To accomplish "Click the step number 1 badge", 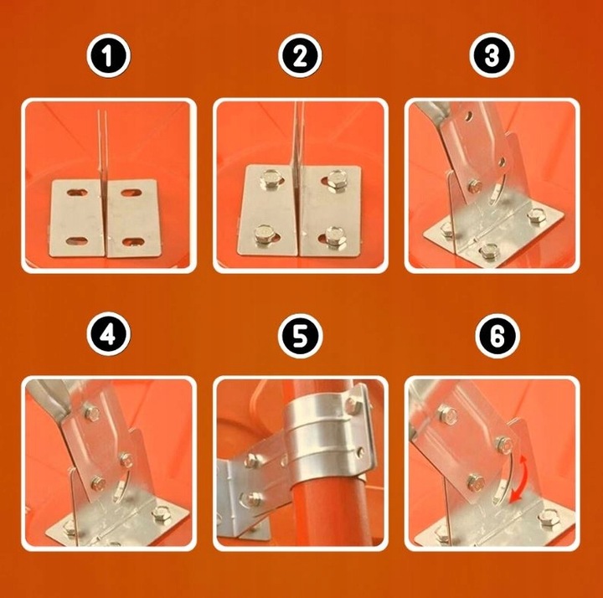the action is (x=108, y=56).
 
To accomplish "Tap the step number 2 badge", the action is (x=300, y=56).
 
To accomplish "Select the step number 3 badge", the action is (x=492, y=55).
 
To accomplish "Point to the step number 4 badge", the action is (x=108, y=334).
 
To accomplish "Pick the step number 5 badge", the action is (x=301, y=336).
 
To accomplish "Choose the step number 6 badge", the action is (x=497, y=336).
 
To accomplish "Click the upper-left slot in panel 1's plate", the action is (x=76, y=193).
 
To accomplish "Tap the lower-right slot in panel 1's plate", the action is (x=133, y=242).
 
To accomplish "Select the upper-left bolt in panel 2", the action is (x=271, y=178).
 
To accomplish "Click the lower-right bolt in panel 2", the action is (x=334, y=236).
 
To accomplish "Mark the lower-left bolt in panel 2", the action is (x=265, y=235).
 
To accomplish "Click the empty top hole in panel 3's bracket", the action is (x=468, y=116).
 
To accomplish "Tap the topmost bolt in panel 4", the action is (x=92, y=414).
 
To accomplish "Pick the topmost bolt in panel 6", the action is (x=447, y=415).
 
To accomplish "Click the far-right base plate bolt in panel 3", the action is (x=536, y=216).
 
